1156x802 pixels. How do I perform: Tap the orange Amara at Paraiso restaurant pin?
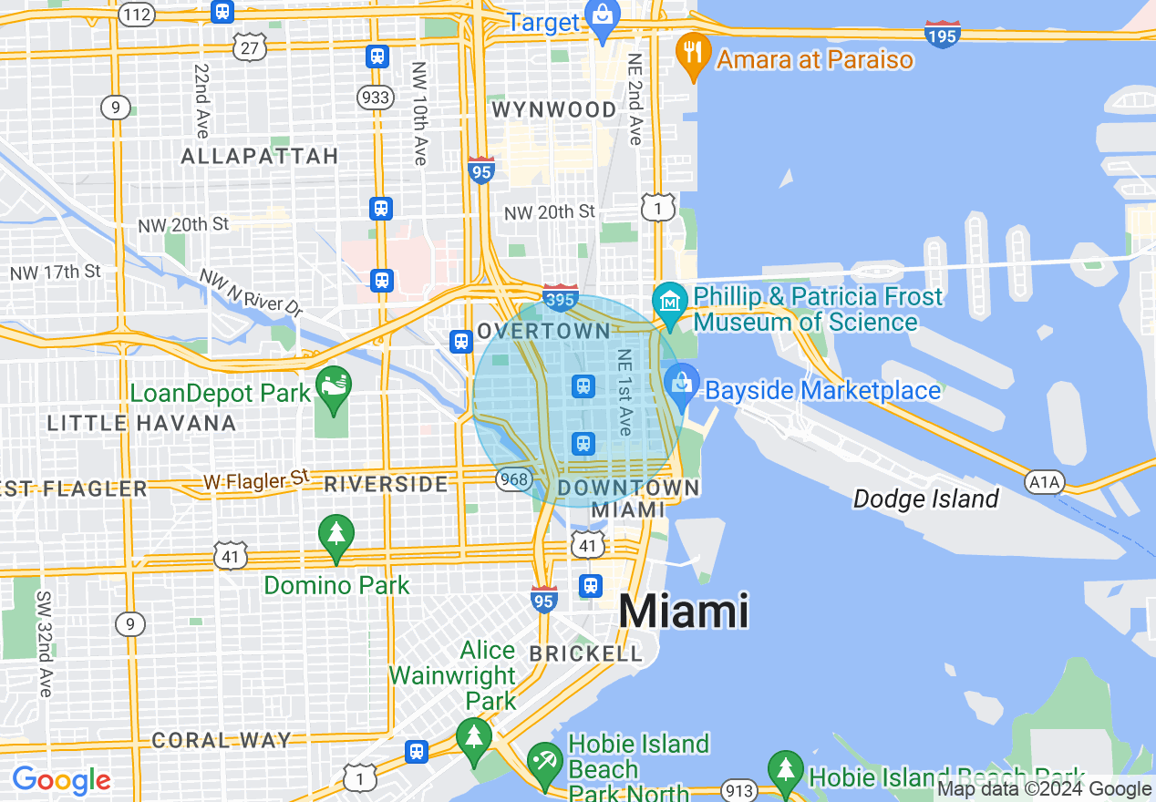pos(694,57)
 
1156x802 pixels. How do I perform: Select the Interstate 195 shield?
pos(942,35)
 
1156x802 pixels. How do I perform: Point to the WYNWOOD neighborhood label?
pos(554,110)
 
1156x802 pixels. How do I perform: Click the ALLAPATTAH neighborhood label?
pos(260,157)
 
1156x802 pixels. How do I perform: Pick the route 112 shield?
pos(137,14)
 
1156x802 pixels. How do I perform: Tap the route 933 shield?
pos(376,98)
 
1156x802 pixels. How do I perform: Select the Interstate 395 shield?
pos(560,297)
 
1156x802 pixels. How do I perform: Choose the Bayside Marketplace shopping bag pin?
pos(681,384)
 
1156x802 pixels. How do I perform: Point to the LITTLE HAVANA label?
pos(141,423)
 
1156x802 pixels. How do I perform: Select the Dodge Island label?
pos(926,499)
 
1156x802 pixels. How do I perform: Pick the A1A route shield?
pos(1044,480)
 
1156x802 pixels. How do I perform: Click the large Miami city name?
pos(684,611)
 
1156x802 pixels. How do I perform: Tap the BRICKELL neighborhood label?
pos(586,653)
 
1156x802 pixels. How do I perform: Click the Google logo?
pos(61,780)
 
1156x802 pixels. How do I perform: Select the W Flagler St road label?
pos(256,480)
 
